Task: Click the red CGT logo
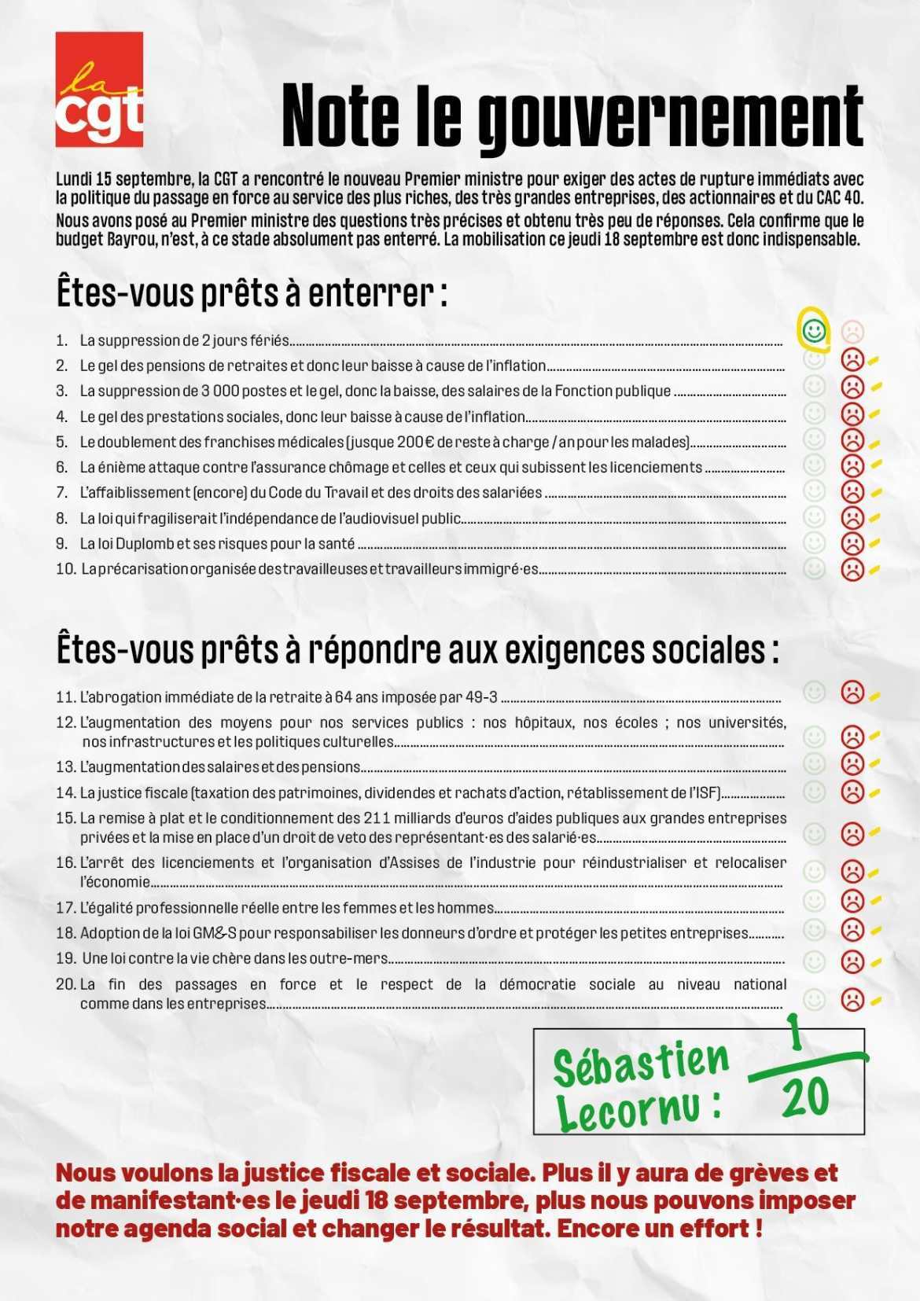[x=99, y=89]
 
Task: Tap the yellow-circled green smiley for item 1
[x=815, y=329]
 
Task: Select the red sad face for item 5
[x=852, y=439]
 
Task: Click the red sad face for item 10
[x=852, y=568]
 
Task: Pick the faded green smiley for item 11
[x=814, y=692]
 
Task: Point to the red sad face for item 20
[x=852, y=999]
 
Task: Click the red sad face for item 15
[x=852, y=832]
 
